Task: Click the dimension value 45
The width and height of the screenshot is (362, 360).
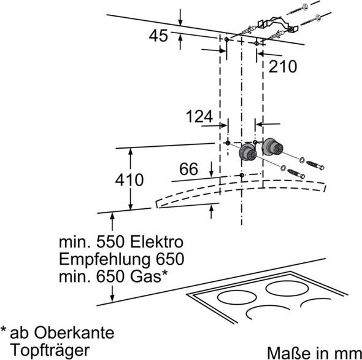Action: click(158, 36)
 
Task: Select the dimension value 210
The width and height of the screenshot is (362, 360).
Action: click(283, 66)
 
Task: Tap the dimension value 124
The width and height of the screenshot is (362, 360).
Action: click(199, 117)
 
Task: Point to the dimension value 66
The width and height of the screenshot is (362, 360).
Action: click(188, 169)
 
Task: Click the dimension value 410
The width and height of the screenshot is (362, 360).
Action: click(129, 180)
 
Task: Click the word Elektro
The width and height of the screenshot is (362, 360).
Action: click(156, 242)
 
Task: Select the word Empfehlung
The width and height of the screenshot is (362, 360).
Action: click(105, 259)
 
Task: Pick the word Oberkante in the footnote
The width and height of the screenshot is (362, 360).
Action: click(74, 333)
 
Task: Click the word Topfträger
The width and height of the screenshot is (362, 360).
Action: click(50, 350)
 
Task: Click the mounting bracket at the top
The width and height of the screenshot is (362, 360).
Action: click(278, 24)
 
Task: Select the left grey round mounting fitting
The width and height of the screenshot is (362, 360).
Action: click(248, 152)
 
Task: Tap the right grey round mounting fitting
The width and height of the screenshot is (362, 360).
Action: click(272, 147)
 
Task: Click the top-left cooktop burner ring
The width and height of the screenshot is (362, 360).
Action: click(237, 297)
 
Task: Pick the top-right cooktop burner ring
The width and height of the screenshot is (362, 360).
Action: click(287, 288)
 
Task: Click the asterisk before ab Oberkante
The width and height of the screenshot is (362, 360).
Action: click(3, 329)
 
